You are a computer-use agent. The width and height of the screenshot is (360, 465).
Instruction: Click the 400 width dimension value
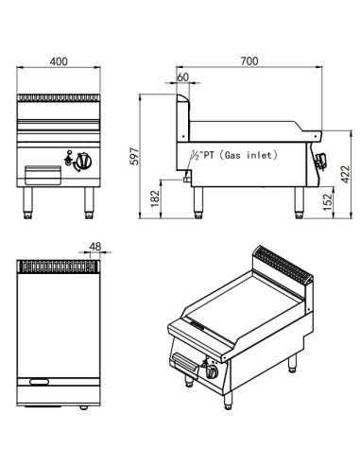coord(59,61)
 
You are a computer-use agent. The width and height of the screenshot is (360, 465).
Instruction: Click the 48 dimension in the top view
coord(94,248)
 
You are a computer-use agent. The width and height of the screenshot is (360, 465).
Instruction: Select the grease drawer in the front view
coord(44,176)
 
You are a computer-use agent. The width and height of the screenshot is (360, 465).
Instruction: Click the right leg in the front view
coord(89,199)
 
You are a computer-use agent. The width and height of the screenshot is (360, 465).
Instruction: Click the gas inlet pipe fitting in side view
coord(185,178)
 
